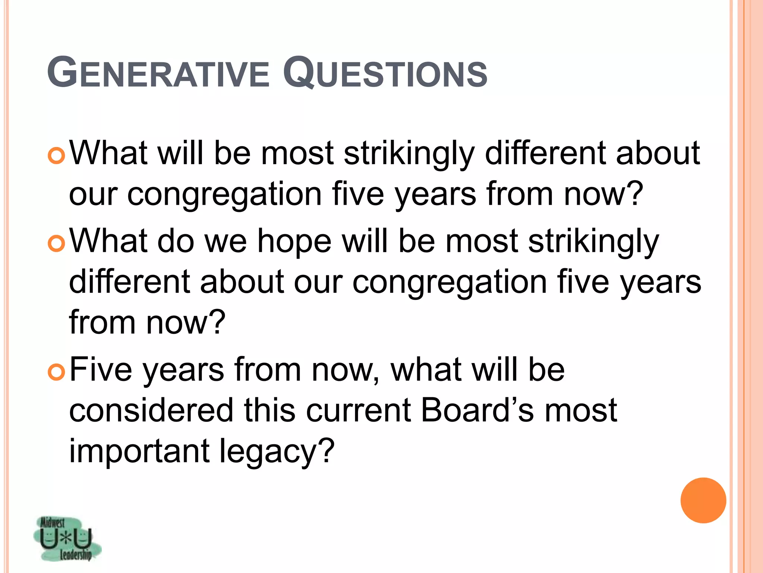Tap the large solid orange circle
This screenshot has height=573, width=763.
pos(703,500)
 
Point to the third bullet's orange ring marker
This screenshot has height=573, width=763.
pos(57,372)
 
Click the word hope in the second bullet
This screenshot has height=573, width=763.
pos(294,242)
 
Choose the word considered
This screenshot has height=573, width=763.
pos(151,411)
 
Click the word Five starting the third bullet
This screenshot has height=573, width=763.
pos(101,370)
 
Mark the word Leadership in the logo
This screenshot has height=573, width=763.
pos(76,555)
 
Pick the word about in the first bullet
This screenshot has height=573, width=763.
pos(658,154)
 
